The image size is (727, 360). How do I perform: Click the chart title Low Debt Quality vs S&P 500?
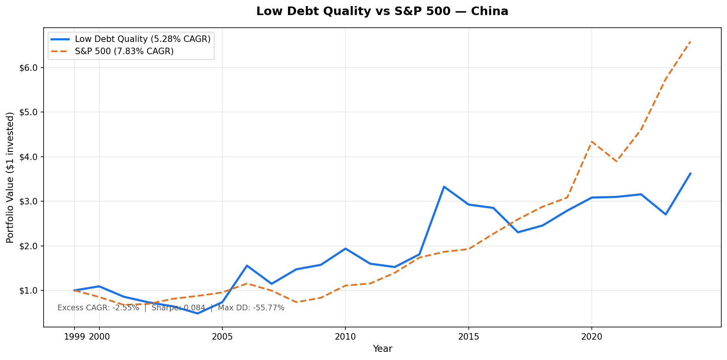pos(382,11)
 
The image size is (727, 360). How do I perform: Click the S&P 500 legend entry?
pos(124,51)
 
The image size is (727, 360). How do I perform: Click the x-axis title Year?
pos(382,349)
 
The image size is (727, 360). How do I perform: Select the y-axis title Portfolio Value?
pos(10,177)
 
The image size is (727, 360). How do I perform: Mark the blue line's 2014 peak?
pos(444,187)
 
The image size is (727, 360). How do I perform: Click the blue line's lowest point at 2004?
pos(198,313)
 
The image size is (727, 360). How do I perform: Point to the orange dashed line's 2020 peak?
pos(591,141)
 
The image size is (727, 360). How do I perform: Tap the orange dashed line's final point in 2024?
pos(690,41)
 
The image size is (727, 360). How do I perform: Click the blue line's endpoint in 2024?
pos(690,173)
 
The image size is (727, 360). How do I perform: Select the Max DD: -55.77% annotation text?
pos(251,308)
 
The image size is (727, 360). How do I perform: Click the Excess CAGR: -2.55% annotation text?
pos(98,308)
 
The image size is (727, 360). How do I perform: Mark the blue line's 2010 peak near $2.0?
pos(345,248)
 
